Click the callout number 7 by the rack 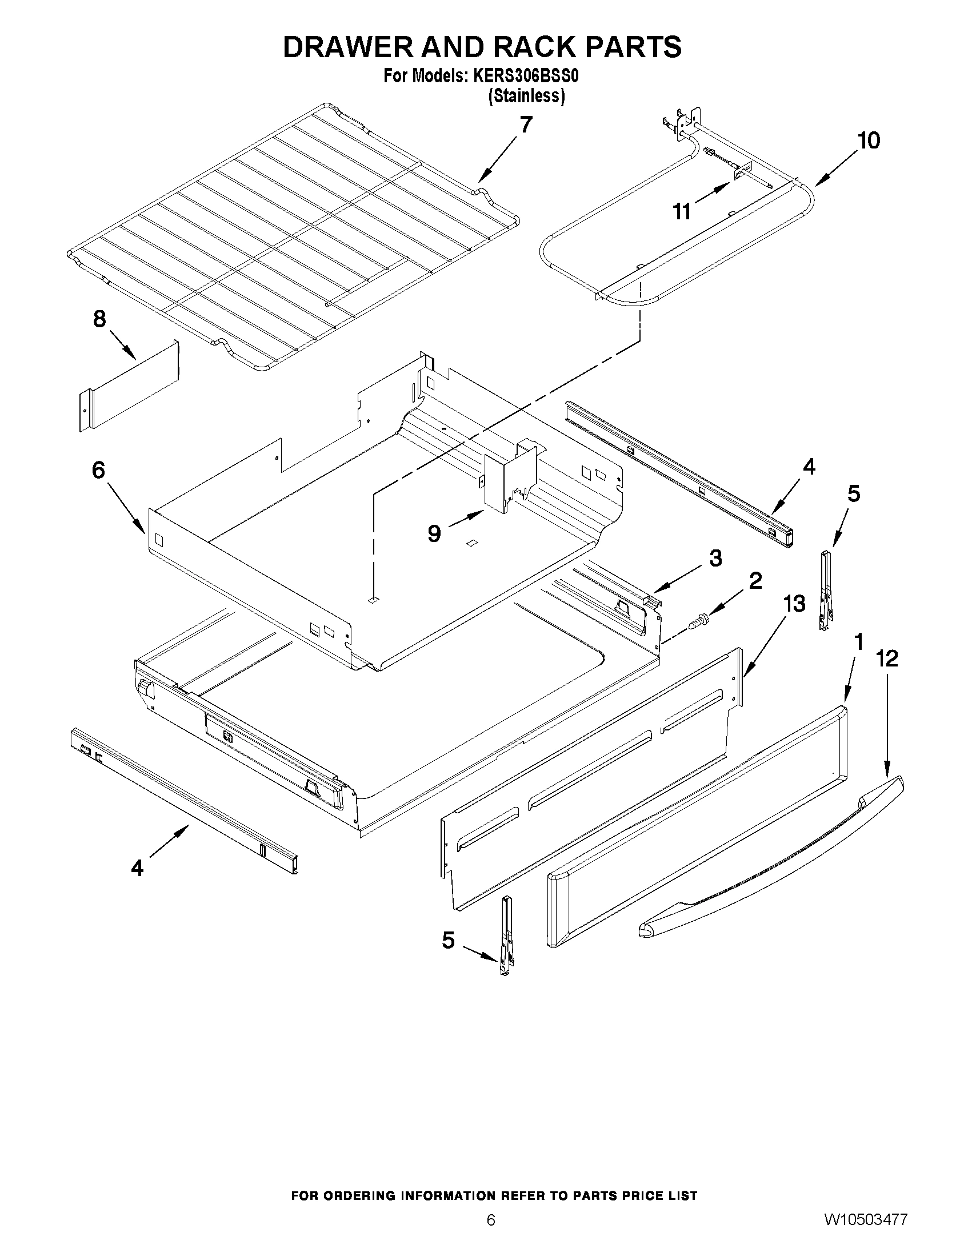(x=526, y=125)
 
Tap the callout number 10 (x=869, y=141)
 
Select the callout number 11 (x=682, y=212)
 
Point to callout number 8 (x=99, y=319)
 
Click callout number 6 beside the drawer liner (x=98, y=470)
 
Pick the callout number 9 (x=434, y=533)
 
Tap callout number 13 (x=794, y=604)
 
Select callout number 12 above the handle (x=887, y=658)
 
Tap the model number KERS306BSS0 (x=525, y=77)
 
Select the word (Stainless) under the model (x=526, y=95)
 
